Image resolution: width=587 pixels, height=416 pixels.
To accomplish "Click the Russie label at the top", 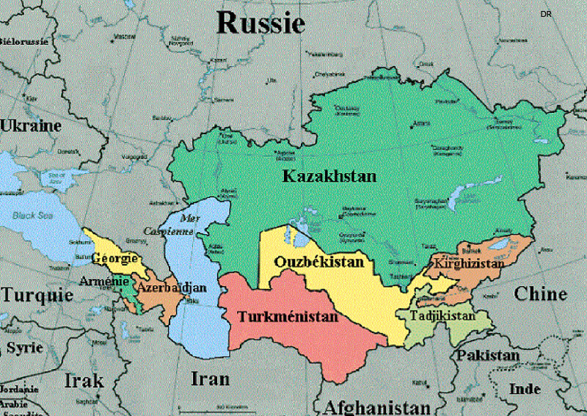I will point(260,23).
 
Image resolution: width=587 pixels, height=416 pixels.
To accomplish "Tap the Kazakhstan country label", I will point(329,177).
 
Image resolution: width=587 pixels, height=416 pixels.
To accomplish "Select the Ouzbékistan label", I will point(319,262).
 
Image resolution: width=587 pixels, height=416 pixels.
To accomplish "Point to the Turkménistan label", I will point(288,317).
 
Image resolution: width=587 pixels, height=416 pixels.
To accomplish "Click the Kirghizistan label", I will point(469,263).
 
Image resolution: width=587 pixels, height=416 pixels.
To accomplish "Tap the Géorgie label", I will point(114,259).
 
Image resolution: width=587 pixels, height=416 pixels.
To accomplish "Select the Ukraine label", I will point(30,125).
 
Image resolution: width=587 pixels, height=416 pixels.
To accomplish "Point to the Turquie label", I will point(37,295).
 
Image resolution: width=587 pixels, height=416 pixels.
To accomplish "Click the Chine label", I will point(540,294).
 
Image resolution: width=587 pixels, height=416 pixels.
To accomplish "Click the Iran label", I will point(210,379).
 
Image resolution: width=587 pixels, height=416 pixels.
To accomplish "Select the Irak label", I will point(84,381).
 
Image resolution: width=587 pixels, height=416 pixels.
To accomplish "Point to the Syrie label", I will point(24,347).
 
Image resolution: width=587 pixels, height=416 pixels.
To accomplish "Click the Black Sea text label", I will point(33,216).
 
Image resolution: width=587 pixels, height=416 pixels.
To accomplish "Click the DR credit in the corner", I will point(545,14).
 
